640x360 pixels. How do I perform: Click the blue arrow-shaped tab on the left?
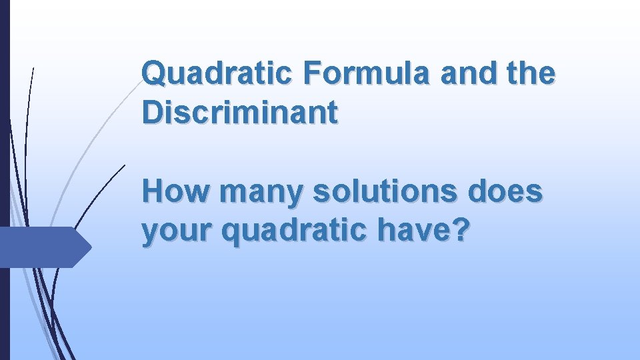[x=44, y=247]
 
